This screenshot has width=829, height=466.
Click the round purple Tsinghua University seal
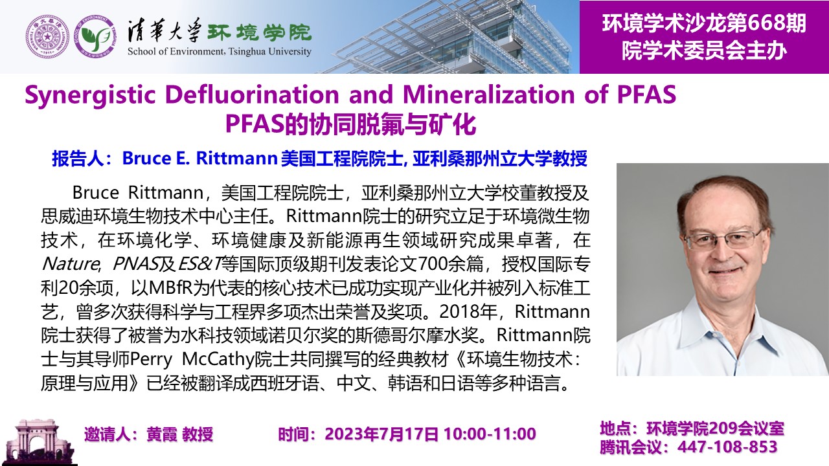(47, 37)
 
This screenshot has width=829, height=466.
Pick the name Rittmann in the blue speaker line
(237, 159)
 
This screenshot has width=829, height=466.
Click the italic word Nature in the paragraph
(71, 264)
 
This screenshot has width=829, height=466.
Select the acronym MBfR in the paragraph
(170, 288)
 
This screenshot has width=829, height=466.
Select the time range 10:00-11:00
(490, 434)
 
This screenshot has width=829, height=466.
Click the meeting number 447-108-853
(727, 447)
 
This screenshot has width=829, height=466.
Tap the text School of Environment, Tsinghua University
(220, 51)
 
